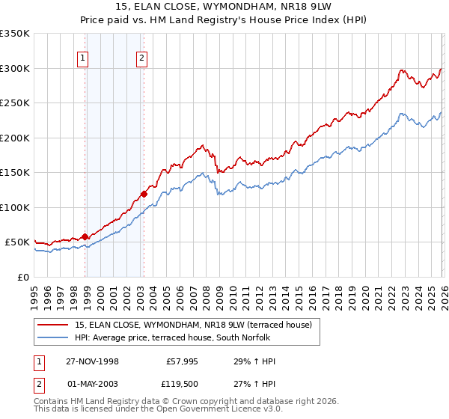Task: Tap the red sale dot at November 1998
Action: click(85, 236)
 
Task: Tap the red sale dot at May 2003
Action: click(144, 194)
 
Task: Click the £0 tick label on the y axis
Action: click(22, 277)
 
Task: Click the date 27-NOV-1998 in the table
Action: click(92, 361)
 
